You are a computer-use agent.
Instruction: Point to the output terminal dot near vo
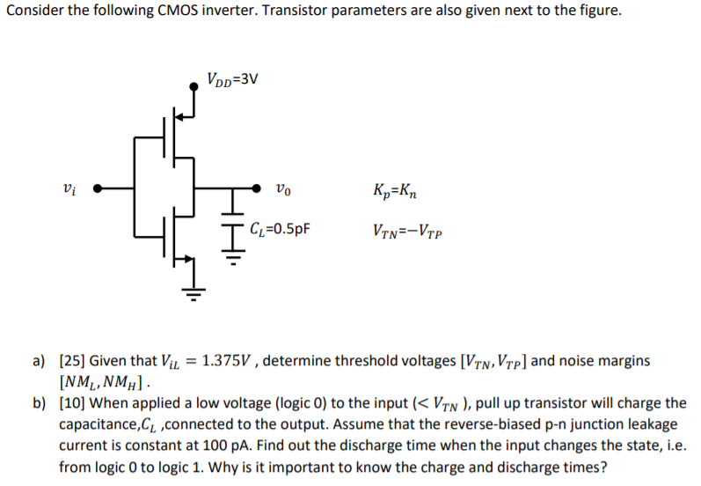pyautogui.click(x=257, y=188)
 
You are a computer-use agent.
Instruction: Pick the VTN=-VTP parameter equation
pyautogui.click(x=408, y=233)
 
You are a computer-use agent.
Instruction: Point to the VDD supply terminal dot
pyautogui.click(x=194, y=85)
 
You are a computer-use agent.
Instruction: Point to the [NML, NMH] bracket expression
pyautogui.click(x=105, y=382)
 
